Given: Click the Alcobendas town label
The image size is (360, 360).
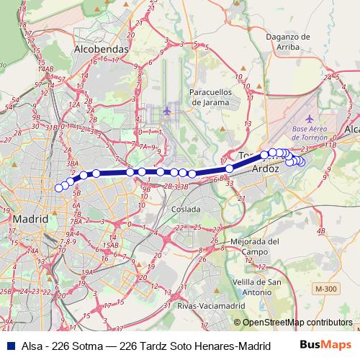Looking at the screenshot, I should pyautogui.click(x=102, y=49).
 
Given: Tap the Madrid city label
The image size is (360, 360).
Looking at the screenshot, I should pyautogui.click(x=30, y=217).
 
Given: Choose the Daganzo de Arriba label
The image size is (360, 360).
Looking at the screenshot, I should pyautogui.click(x=287, y=42).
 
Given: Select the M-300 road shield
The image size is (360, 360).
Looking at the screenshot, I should pyautogui.click(x=325, y=289).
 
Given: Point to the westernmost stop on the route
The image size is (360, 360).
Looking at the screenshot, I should pyautogui.click(x=59, y=188).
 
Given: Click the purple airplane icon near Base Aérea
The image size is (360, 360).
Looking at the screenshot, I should pyautogui.click(x=310, y=118).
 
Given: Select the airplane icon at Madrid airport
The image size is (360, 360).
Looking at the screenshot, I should pyautogui.click(x=168, y=111).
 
